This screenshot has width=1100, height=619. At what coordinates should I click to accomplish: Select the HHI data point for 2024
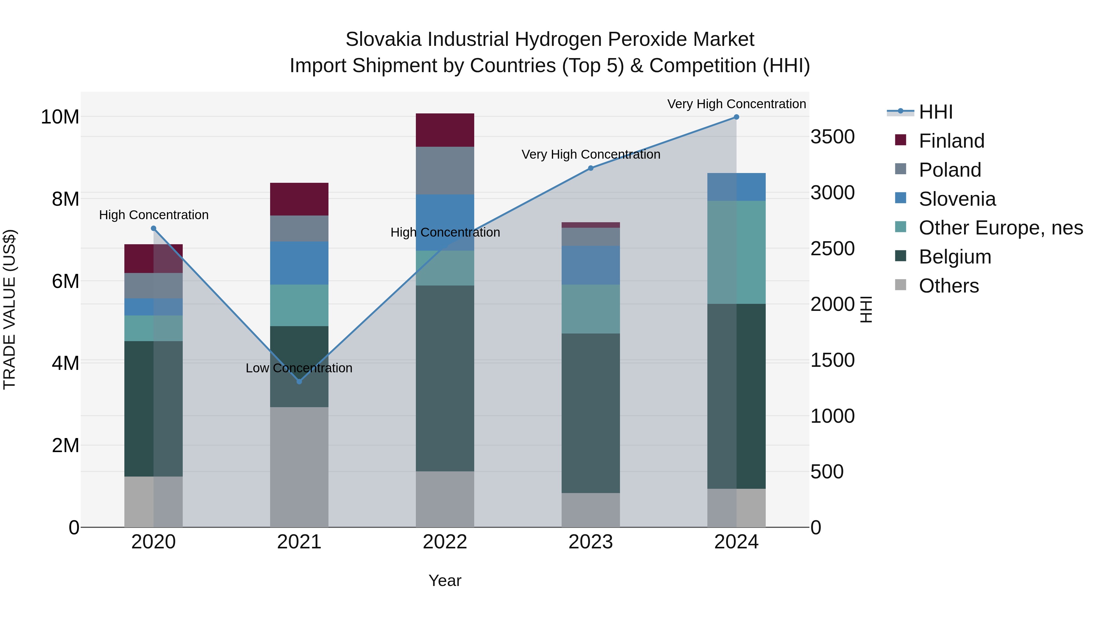point(736,117)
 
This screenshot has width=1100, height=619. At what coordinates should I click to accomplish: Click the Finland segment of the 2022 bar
point(445,130)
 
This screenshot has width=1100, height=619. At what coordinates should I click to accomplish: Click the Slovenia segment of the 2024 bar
point(736,187)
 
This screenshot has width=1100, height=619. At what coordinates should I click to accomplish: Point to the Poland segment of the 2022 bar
point(445,171)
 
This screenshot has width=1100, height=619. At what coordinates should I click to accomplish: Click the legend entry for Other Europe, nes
point(1000,228)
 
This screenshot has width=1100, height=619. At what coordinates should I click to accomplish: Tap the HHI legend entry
point(935,112)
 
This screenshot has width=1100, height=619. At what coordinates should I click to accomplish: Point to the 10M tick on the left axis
point(60,117)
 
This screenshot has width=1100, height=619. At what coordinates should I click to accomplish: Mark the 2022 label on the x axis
point(445,542)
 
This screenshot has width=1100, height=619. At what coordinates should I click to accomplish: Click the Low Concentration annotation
point(299,368)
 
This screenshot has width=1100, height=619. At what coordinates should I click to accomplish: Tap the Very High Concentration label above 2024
point(736,104)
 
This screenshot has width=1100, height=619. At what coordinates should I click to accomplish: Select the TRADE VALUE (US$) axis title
point(9,309)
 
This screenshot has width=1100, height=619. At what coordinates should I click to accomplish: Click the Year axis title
point(445,580)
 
